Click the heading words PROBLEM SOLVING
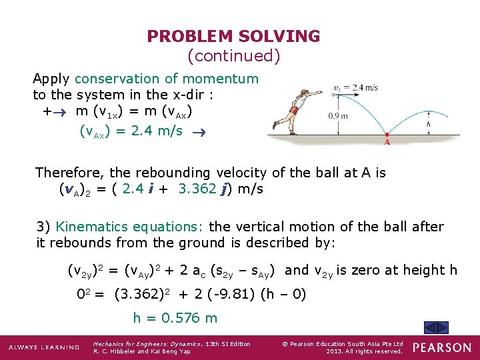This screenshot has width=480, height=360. [233, 36]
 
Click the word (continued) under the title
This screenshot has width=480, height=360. [233, 56]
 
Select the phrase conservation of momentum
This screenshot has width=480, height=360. [166, 79]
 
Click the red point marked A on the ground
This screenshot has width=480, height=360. [387, 140]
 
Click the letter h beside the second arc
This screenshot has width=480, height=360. [447, 123]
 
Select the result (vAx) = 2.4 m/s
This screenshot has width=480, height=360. [131, 131]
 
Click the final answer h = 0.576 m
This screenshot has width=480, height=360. [175, 318]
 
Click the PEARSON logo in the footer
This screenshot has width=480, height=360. [441, 348]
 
